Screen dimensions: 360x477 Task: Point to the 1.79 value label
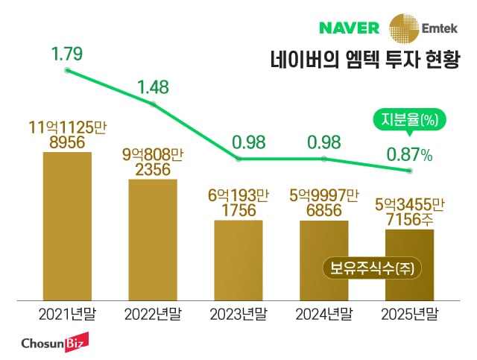[67, 54]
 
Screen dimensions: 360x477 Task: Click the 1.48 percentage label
[153, 87]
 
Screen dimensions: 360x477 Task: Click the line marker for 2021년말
[67, 71]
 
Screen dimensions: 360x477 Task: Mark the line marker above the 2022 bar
[153, 104]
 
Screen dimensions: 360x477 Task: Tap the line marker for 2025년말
[409, 171]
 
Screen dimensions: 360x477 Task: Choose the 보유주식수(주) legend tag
[367, 268]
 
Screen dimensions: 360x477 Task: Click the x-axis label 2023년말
[238, 314]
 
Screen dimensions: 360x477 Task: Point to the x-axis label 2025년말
[409, 314]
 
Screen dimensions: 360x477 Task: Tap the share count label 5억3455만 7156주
[409, 214]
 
